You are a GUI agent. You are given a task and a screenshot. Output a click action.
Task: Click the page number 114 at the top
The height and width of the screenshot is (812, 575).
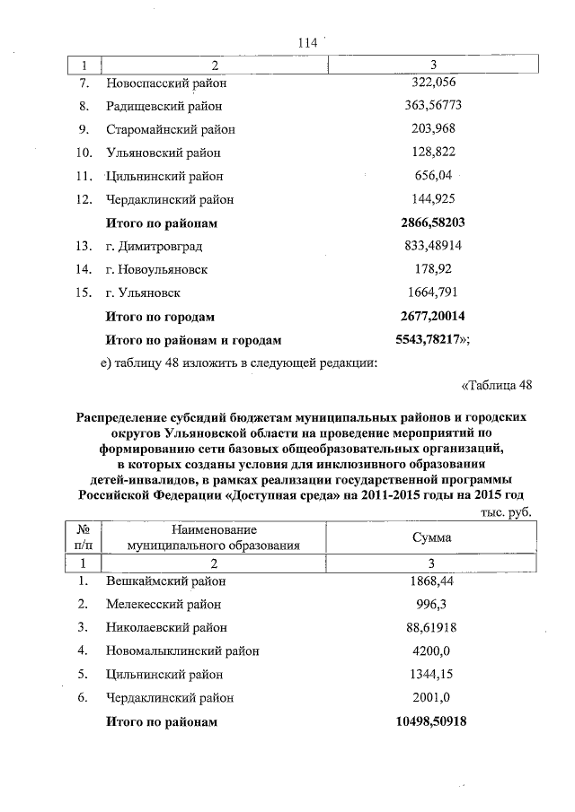click(x=308, y=42)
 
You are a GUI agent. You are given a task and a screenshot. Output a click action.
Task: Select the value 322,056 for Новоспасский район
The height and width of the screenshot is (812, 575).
click(x=433, y=83)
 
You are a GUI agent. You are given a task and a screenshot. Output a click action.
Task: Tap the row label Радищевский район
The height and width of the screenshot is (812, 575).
click(x=163, y=106)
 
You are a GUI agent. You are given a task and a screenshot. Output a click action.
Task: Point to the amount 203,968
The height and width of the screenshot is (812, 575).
click(x=433, y=129)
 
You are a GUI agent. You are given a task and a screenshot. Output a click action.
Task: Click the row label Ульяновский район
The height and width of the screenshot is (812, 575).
click(x=163, y=153)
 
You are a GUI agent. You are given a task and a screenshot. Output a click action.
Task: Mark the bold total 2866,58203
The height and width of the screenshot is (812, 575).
click(x=433, y=223)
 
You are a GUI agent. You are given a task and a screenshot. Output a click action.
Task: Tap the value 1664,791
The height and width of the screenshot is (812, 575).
click(x=433, y=292)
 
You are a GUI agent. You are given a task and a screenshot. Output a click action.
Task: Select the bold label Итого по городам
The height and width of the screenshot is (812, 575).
click(x=160, y=317)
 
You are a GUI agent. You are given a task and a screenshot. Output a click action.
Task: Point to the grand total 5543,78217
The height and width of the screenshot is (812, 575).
click(x=431, y=340)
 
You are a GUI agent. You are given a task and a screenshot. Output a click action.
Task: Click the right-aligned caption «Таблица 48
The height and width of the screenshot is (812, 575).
click(x=497, y=386)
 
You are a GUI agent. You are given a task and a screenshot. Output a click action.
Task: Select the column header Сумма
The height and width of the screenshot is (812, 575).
click(x=431, y=537)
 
